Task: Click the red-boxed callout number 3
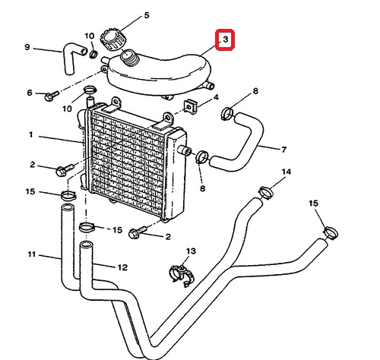tap(225, 39)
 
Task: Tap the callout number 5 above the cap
tap(147, 15)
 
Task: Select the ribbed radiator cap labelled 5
tap(113, 40)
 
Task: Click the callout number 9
tap(27, 47)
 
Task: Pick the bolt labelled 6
tap(52, 96)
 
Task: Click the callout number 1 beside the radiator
tap(30, 134)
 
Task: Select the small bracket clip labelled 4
tap(191, 107)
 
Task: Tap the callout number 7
tap(283, 150)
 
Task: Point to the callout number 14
tap(287, 172)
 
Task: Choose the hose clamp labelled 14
tap(266, 193)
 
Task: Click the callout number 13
tap(191, 251)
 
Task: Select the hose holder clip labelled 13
tap(182, 275)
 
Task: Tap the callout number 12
tap(122, 267)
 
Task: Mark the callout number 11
tap(31, 254)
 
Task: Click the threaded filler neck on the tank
tap(130, 58)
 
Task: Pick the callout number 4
tap(216, 97)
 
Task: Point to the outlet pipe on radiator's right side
tap(185, 150)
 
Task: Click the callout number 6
tap(30, 93)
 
